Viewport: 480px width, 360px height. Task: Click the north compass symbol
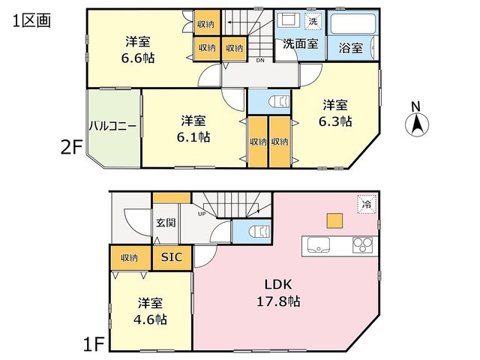[x=417, y=124]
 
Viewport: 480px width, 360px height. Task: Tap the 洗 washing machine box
[x=313, y=22]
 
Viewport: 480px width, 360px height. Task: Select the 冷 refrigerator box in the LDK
[x=367, y=204]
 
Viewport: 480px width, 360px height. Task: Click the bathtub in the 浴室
[x=352, y=24]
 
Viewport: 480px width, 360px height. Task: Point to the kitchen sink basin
[x=318, y=245]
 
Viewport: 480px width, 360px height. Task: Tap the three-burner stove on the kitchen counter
[x=363, y=245]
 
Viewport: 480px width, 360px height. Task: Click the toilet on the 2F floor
[x=279, y=102]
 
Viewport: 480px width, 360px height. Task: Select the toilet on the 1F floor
[x=259, y=232]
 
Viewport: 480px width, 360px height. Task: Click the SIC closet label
[x=172, y=257]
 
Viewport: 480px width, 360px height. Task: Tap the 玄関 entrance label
[x=166, y=223]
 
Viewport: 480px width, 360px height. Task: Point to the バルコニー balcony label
[x=112, y=126]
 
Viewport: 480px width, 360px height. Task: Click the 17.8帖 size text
[x=278, y=301]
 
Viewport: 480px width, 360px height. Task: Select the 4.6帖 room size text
[x=150, y=320]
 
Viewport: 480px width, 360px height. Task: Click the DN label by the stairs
[x=260, y=60]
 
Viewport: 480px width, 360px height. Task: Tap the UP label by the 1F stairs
[x=202, y=214]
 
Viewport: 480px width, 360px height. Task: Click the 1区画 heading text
[x=31, y=21]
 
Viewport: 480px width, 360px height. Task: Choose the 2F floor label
[x=72, y=148]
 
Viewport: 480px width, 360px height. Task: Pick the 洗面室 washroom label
[x=301, y=43]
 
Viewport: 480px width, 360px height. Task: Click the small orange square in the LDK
[x=334, y=220]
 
